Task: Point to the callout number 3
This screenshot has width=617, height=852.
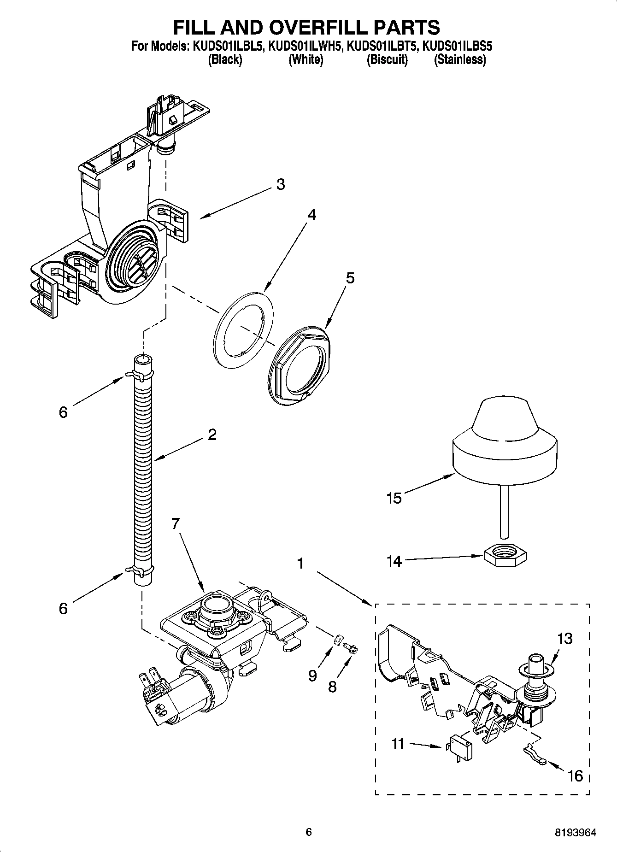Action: pos(280,185)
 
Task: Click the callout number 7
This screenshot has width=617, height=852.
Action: pos(175,523)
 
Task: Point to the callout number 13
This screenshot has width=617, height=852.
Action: pos(564,639)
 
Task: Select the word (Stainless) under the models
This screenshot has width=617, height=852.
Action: pos(459,59)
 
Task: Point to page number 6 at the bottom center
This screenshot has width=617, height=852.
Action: pos(309,832)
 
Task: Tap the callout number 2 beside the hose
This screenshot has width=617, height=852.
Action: pos(212,435)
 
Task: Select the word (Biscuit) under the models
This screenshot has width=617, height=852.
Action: pos(387,59)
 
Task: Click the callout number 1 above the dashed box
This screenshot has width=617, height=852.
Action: pos(300,564)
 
